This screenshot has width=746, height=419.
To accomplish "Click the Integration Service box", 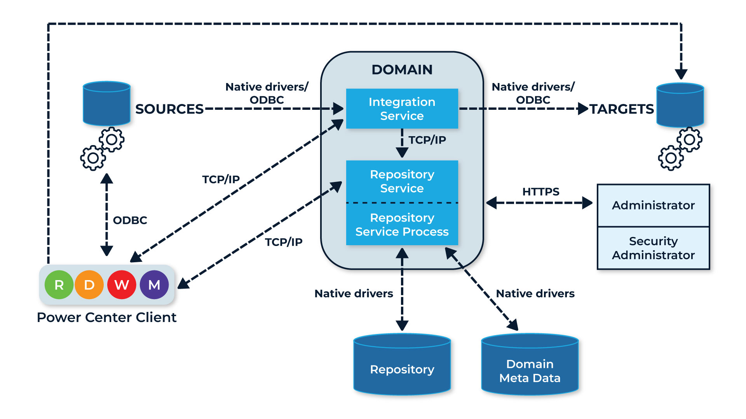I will pyautogui.click(x=402, y=109).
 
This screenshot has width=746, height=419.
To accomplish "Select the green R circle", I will pyautogui.click(x=59, y=285).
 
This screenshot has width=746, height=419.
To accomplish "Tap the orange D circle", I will pyautogui.click(x=89, y=285).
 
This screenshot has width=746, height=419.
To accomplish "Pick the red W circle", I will pyautogui.click(x=122, y=285).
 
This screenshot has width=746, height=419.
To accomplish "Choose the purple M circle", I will pyautogui.click(x=154, y=285).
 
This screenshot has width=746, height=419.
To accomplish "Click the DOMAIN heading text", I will pyautogui.click(x=402, y=70).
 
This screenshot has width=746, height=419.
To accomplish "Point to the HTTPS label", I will pyautogui.click(x=540, y=192).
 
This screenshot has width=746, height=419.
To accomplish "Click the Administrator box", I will pyautogui.click(x=653, y=205).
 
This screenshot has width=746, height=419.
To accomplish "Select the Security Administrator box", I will pyautogui.click(x=653, y=248).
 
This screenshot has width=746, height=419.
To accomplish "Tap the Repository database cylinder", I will pyautogui.click(x=402, y=365).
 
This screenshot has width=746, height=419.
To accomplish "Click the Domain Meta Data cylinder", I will pyautogui.click(x=530, y=365).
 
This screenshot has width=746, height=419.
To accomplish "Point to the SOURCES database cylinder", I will pyautogui.click(x=106, y=103).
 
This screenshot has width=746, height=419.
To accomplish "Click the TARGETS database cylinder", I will pyautogui.click(x=680, y=105).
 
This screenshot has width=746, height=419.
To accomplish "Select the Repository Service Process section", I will pyautogui.click(x=402, y=225).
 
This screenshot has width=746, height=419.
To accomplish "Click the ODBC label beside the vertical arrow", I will pyautogui.click(x=130, y=220).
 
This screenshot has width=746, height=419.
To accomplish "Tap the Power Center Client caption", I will pyautogui.click(x=106, y=317).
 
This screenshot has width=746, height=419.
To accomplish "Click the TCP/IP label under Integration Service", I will pyautogui.click(x=427, y=140).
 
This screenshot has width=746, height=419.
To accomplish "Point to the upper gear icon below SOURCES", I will pyautogui.click(x=112, y=139).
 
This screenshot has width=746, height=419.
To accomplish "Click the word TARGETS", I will pyautogui.click(x=621, y=109).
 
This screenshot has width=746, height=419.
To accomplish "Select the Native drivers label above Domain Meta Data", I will pyautogui.click(x=535, y=294).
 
